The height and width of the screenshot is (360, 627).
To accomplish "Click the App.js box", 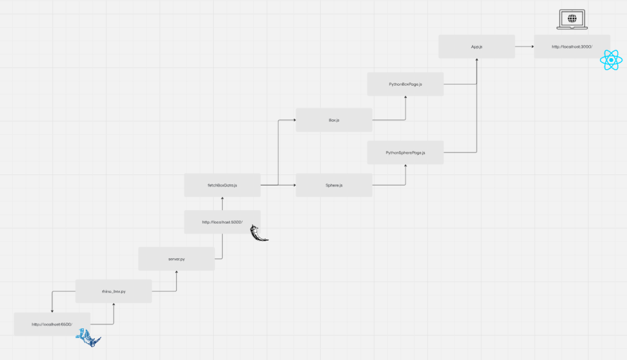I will click(476, 47).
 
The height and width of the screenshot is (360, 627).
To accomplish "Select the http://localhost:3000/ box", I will click(572, 47).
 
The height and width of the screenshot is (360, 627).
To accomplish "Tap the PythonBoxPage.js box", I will click(405, 83).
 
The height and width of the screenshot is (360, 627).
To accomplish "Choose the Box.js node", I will click(334, 120).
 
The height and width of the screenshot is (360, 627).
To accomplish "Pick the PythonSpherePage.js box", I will click(405, 152).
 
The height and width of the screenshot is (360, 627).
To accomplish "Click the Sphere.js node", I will click(334, 185).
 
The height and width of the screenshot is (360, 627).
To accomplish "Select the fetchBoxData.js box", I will click(222, 185).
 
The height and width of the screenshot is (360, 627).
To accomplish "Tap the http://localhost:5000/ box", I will click(222, 222).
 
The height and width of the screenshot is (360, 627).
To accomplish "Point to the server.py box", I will click(176, 259).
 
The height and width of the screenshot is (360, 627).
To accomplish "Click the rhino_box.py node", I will click(114, 291).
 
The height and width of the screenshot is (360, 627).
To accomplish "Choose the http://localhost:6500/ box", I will click(52, 324).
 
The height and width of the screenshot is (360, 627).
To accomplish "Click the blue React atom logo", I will click(612, 60).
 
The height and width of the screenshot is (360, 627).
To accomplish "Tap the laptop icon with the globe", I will click(572, 20).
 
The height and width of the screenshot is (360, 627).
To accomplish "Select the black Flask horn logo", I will click(260, 233).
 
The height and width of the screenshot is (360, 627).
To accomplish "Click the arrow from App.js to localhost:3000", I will click(524, 47).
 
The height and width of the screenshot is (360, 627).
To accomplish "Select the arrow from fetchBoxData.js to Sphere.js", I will click(278, 185).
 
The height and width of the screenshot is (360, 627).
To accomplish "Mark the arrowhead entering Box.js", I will click(293, 120).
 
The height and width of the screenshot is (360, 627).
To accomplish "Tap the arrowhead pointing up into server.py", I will click(176, 273).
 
